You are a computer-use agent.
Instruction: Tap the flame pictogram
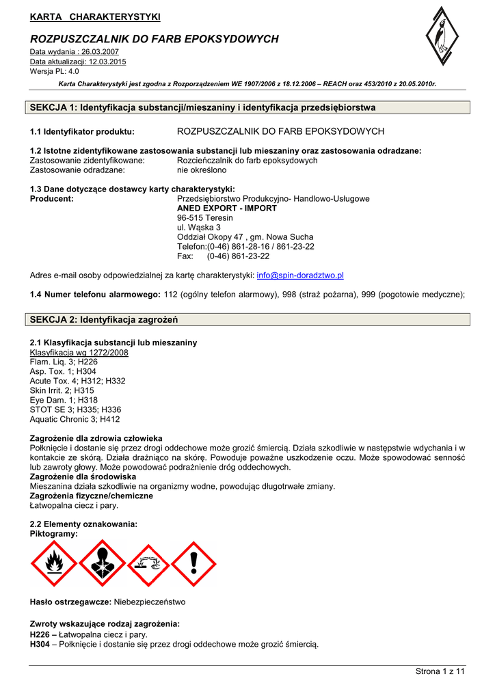pyautogui.click(x=54, y=564)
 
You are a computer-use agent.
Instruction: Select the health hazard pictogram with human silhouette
pyautogui.click(x=101, y=564)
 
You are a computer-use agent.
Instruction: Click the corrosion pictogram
pyautogui.click(x=148, y=564)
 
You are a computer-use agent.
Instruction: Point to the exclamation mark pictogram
pyautogui.click(x=194, y=564)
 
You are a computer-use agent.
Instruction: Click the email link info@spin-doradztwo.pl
pyautogui.click(x=299, y=275)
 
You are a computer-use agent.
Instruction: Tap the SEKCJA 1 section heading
pyautogui.click(x=202, y=107)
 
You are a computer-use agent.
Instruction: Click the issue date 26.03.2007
pyautogui.click(x=100, y=52)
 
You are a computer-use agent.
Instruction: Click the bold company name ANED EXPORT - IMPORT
pyautogui.click(x=227, y=208)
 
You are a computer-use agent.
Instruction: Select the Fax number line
pyautogui.click(x=223, y=256)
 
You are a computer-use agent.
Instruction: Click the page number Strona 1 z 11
pyautogui.click(x=440, y=671)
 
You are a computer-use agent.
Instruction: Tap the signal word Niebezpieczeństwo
pyautogui.click(x=149, y=602)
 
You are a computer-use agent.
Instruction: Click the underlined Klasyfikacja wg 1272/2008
pyautogui.click(x=79, y=352)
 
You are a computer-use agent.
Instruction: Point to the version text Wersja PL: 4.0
pyautogui.click(x=55, y=71)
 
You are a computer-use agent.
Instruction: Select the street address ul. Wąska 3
pyautogui.click(x=198, y=228)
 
